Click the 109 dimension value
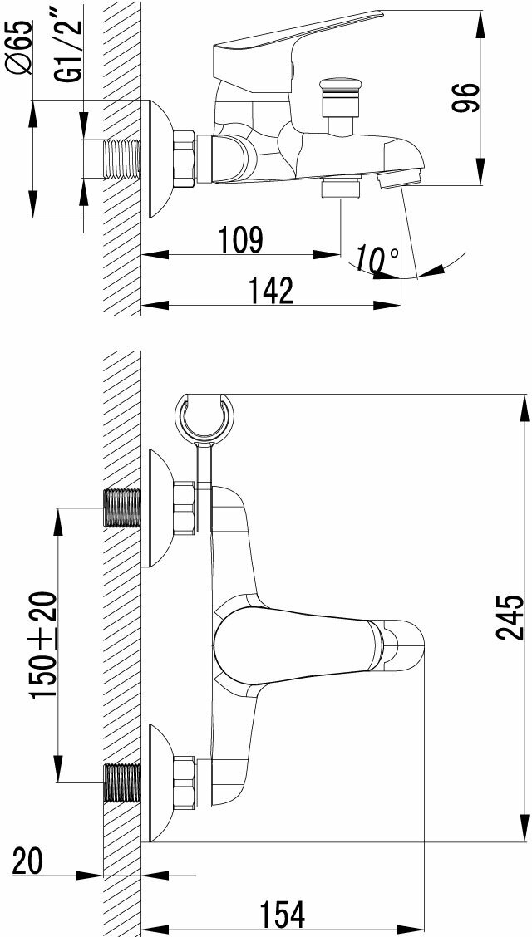tap(242, 239)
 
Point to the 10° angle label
tap(376, 259)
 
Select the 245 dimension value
tap(511, 617)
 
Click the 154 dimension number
tap(282, 914)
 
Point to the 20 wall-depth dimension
tap(27, 861)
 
